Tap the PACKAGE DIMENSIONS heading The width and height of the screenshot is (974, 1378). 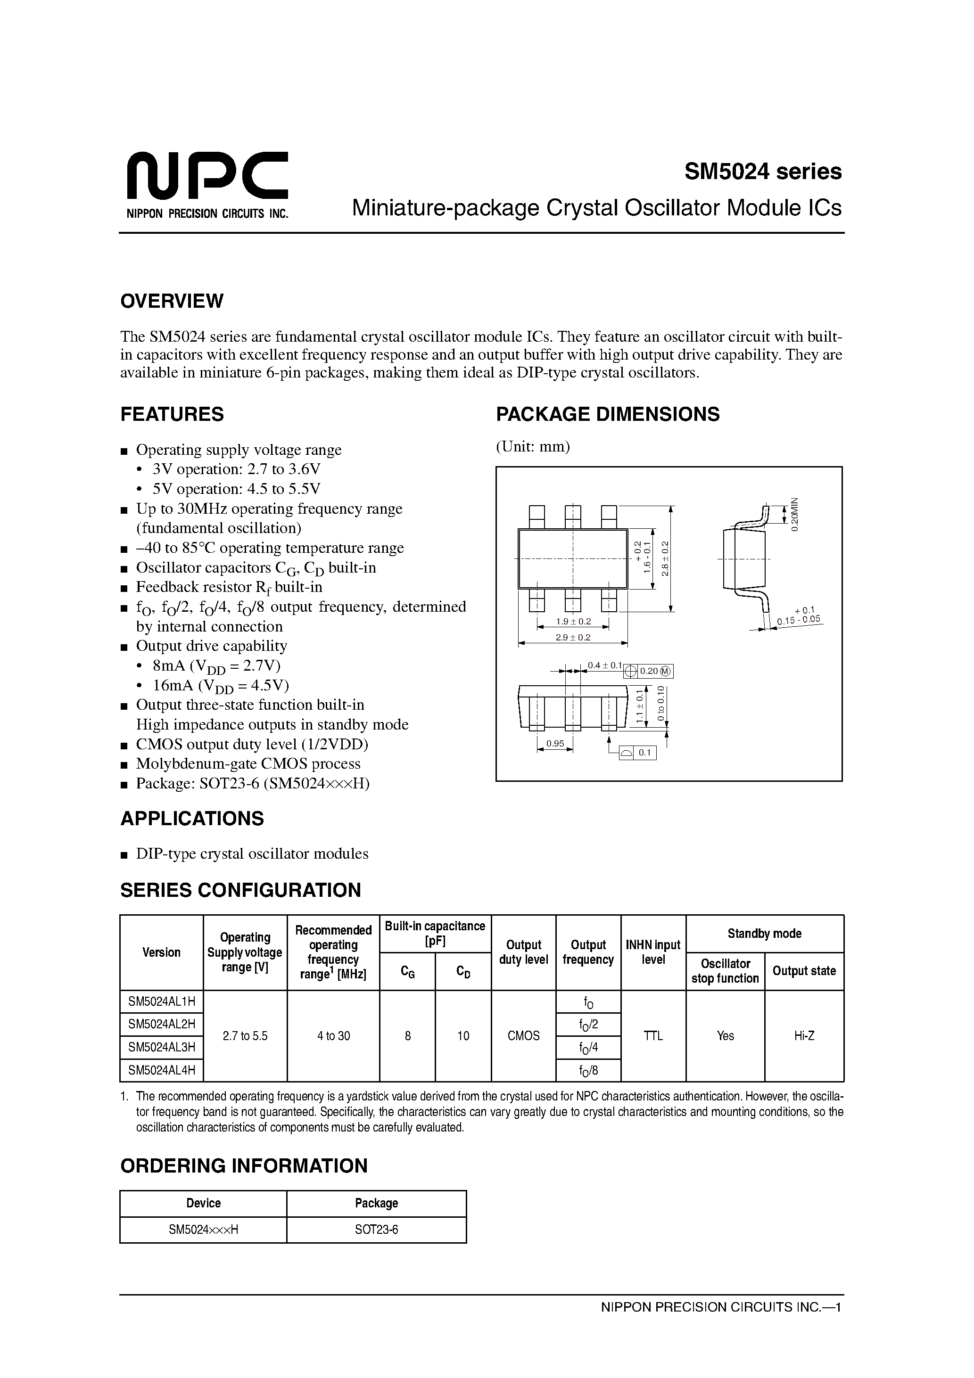[607, 414]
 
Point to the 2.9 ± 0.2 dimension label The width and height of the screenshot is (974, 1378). [573, 637]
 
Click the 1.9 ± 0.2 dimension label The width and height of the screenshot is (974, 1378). [573, 621]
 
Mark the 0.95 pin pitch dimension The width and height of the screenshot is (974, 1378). [555, 744]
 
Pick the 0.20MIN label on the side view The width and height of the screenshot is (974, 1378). [794, 514]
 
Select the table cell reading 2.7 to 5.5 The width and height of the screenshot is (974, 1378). [245, 1036]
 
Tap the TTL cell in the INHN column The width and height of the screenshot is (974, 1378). [653, 1036]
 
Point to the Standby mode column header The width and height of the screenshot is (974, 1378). [764, 934]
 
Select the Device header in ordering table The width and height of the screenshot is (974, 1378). [204, 1203]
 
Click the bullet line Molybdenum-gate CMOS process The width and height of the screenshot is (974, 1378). [248, 763]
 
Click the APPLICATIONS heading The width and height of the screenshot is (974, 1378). [192, 819]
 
